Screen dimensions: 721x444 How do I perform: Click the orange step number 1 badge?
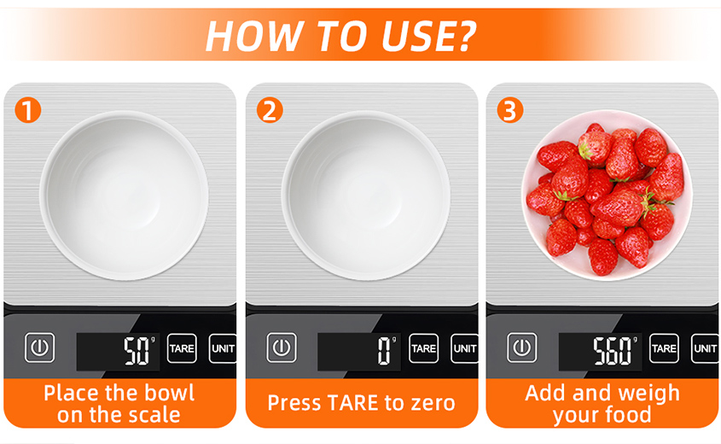coord(28,110)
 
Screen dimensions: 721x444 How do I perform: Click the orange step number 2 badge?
coord(270,110)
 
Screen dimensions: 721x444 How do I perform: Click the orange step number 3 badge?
coord(510,110)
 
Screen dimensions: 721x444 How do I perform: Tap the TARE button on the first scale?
coord(182,348)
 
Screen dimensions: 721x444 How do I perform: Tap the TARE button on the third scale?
coord(664,348)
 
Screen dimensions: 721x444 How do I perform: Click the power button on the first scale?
coord(39,348)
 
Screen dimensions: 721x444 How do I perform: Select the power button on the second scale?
coord(282,348)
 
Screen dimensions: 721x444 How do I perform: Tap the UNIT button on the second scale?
coord(464,348)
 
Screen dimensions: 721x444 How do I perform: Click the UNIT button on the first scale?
coord(223,348)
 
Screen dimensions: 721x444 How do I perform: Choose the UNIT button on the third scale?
coord(705,348)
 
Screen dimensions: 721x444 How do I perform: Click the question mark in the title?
coord(465,35)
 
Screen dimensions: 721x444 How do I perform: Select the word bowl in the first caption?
coord(169,393)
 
